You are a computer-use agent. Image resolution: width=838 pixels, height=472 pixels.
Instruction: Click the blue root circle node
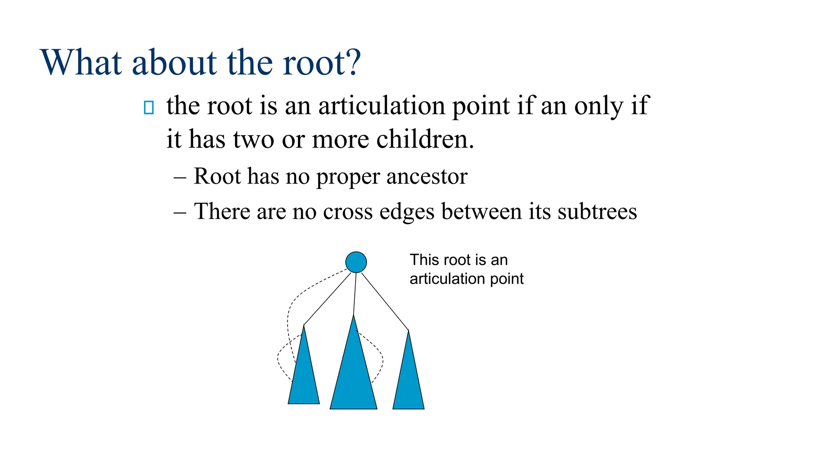[x=356, y=262]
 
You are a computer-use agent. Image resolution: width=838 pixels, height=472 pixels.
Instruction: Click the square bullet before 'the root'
[x=149, y=108]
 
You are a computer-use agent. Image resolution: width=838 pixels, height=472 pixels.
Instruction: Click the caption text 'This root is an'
[x=458, y=260]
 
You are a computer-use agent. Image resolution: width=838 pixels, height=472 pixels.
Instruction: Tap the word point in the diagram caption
[x=507, y=279]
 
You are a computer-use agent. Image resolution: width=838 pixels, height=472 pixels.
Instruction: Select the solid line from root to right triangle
[x=385, y=301]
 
